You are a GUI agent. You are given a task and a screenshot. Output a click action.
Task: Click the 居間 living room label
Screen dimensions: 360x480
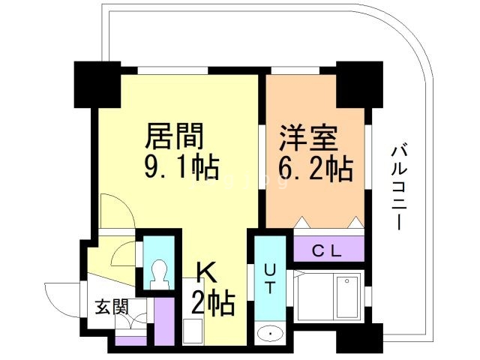coord(174,137)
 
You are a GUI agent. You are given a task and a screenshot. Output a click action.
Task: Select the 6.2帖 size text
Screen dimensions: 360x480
coord(315,169)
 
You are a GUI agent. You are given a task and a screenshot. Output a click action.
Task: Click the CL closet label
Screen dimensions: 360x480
coord(328,250)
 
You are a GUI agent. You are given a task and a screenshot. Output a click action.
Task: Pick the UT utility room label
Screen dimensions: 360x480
coord(269,277)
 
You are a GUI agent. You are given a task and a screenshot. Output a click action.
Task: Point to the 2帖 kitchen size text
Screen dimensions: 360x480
coord(213,303)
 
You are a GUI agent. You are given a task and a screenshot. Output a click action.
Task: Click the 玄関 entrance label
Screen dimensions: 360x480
coord(110,307)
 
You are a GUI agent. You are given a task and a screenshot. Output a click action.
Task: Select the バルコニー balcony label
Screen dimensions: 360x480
coord(400,188)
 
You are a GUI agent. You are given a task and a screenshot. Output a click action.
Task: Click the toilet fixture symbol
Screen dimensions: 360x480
coord(158,274)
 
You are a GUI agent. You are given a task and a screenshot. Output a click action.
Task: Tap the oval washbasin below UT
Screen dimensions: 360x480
coord(268,333)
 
